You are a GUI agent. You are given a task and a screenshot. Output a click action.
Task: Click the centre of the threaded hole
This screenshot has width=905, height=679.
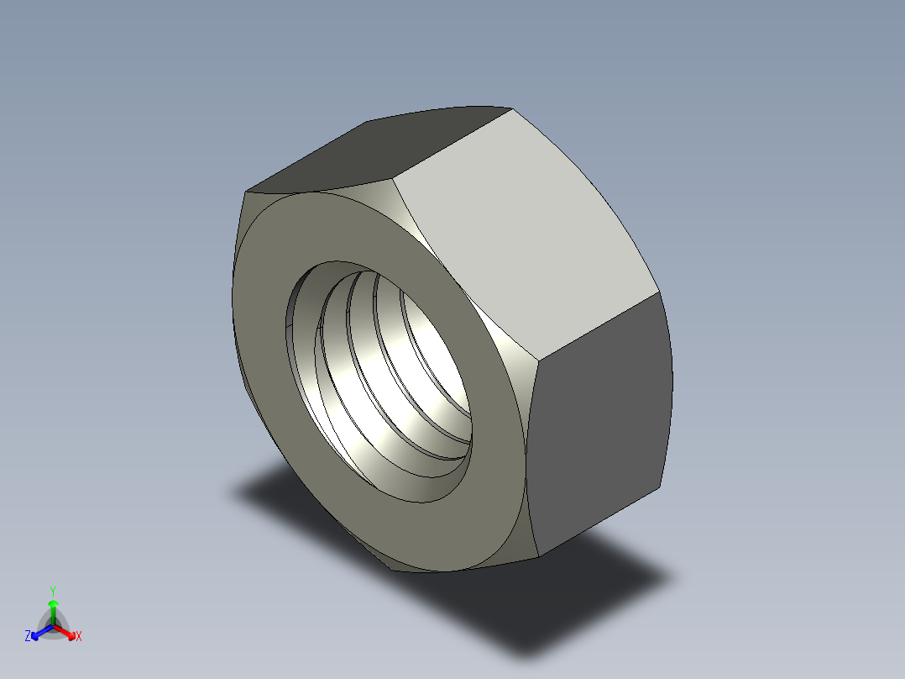[x=386, y=378]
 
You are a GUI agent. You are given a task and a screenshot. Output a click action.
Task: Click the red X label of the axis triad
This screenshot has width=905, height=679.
[x=79, y=637]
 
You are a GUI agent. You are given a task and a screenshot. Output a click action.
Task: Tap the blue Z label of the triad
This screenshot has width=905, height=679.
[x=28, y=637]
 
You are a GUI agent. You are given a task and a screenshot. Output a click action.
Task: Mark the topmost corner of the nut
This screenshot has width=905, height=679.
[x=511, y=108]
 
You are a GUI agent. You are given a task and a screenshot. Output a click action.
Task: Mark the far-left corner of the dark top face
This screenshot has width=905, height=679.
[x=246, y=190]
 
